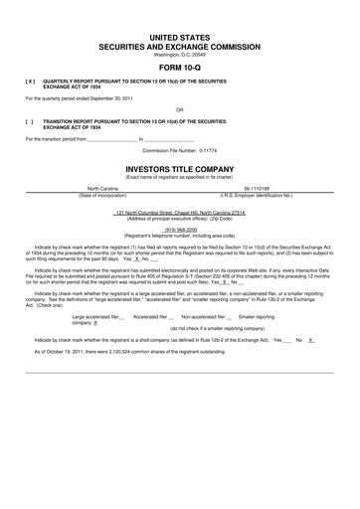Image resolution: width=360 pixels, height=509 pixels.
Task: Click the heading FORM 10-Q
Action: click(x=180, y=68)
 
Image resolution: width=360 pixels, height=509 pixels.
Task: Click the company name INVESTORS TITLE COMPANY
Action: click(x=180, y=169)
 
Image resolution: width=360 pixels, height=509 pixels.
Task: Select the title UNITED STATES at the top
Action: click(x=180, y=35)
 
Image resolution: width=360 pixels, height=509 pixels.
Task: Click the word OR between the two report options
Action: click(x=180, y=109)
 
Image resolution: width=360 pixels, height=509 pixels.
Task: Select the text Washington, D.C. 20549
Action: click(x=180, y=54)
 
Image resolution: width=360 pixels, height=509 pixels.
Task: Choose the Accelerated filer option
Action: click(x=154, y=316)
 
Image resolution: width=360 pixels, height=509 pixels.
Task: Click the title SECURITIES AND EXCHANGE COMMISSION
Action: click(x=180, y=46)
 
